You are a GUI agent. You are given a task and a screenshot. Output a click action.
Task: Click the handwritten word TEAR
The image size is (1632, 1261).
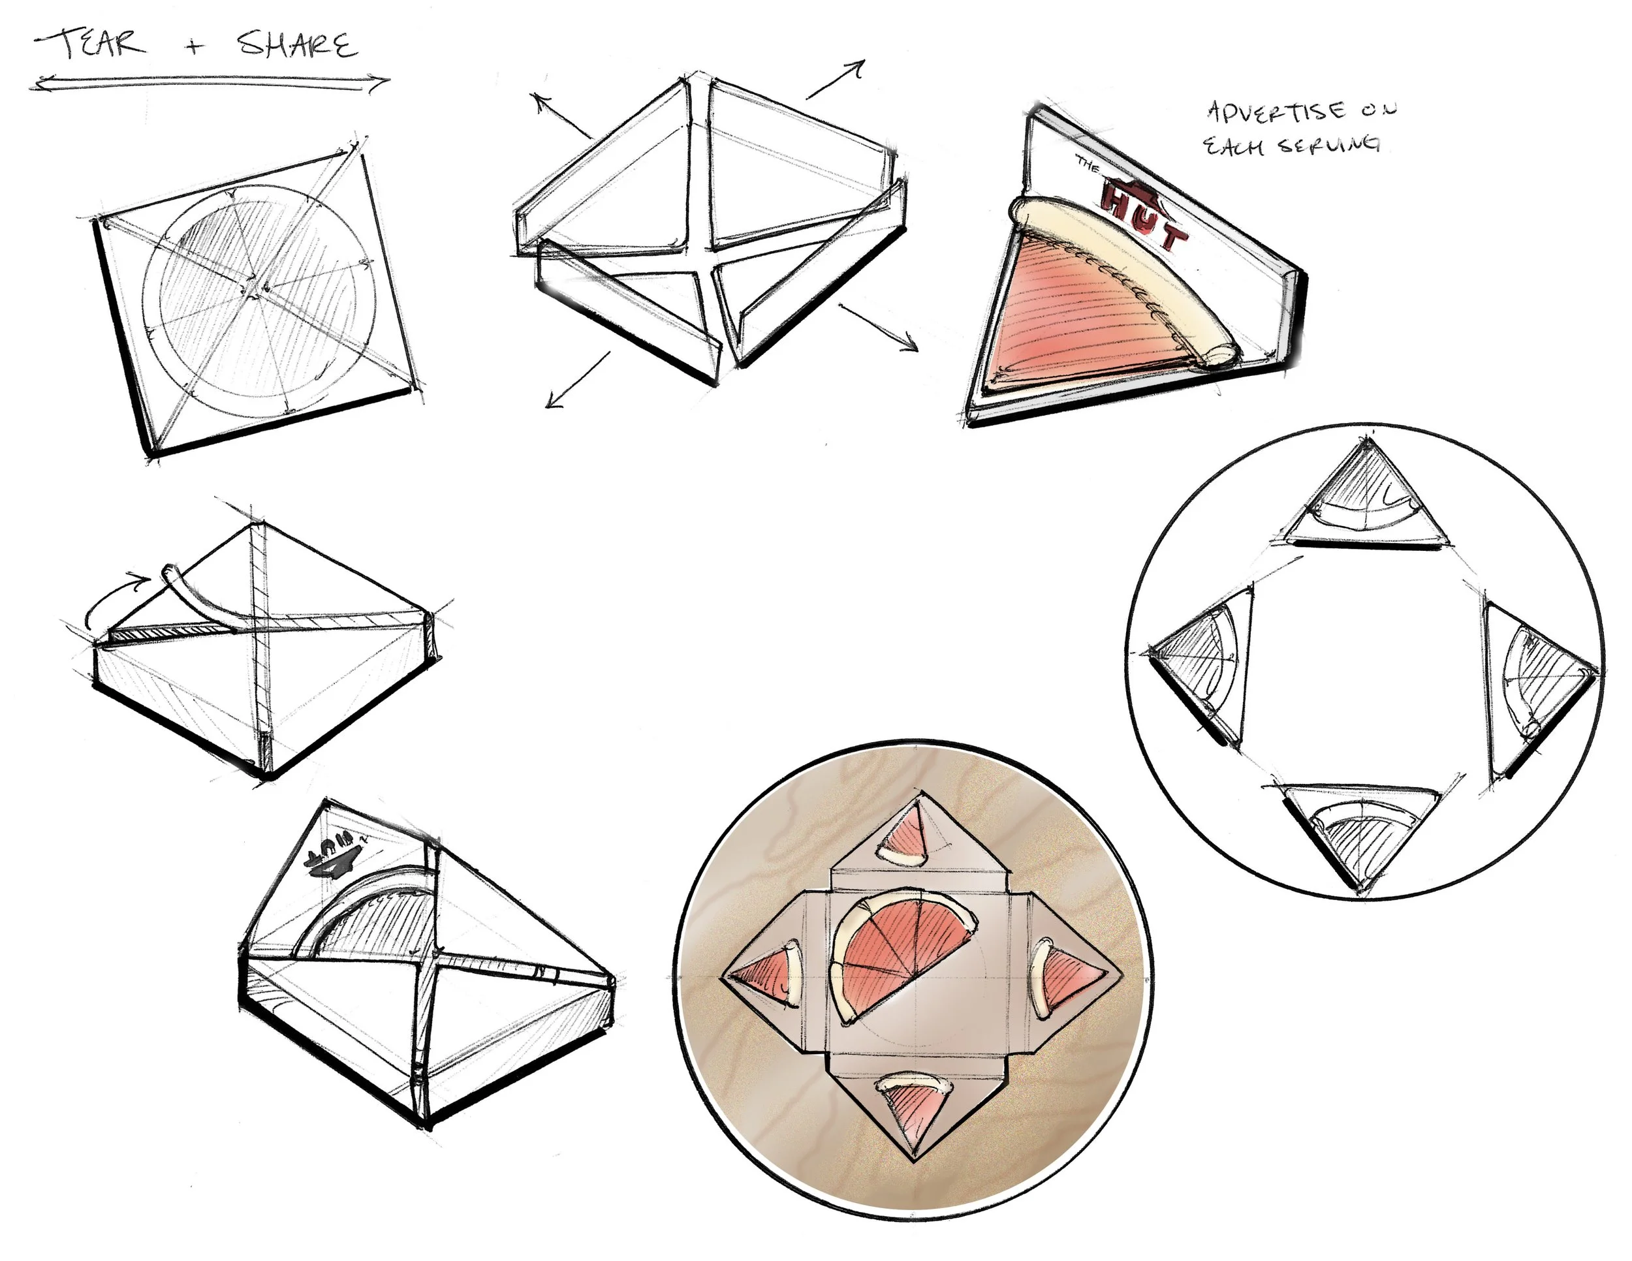point(93,45)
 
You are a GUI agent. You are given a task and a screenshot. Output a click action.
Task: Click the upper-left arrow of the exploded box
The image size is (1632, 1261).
point(561,116)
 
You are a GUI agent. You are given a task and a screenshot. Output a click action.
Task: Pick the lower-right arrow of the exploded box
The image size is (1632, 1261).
point(879,326)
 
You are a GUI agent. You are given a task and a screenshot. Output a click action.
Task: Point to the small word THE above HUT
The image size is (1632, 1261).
point(1088,164)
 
